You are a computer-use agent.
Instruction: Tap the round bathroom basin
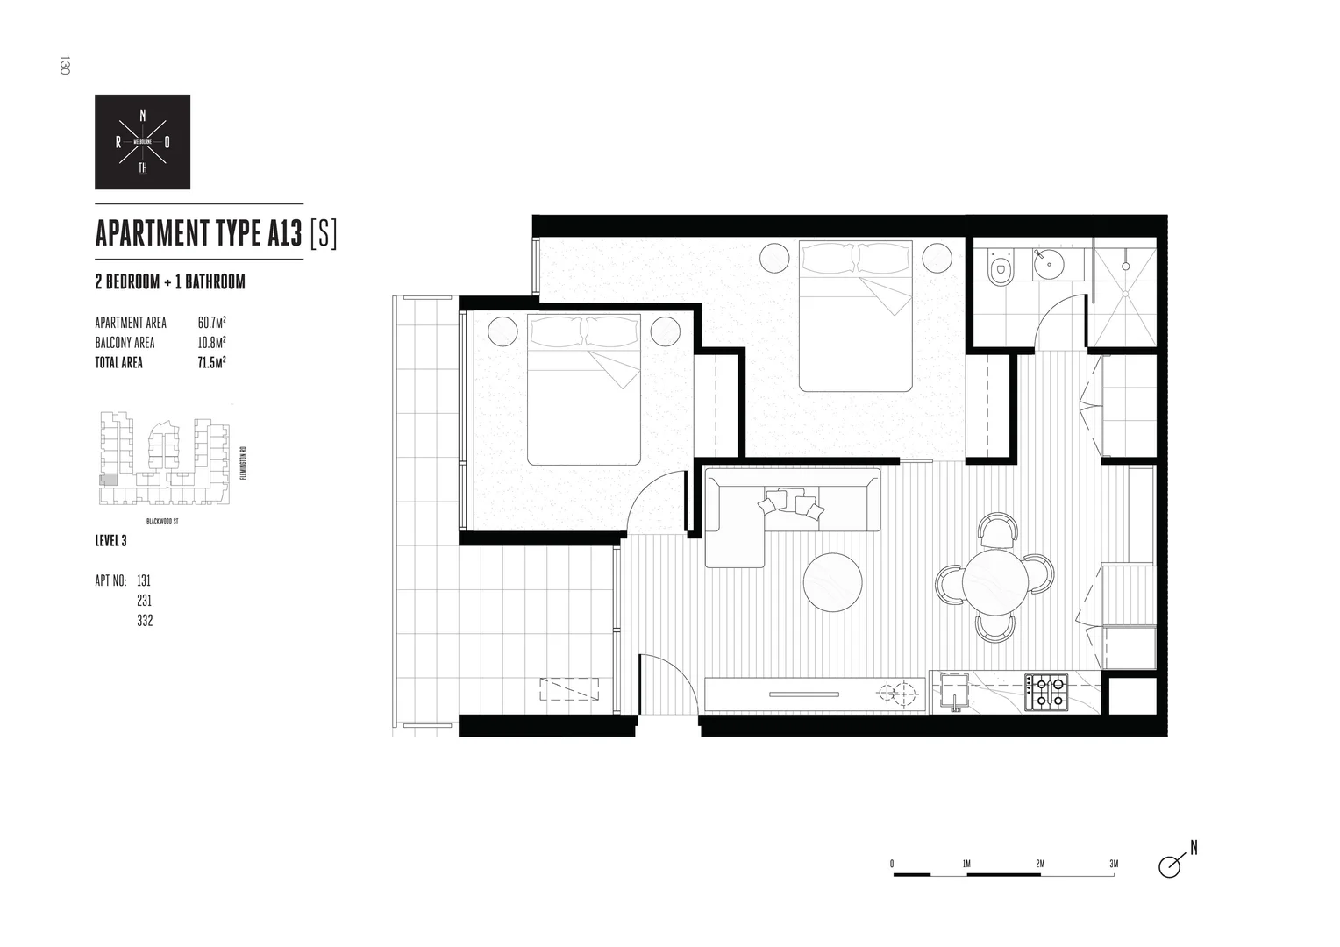[1046, 262]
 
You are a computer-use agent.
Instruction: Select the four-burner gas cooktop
[1049, 690]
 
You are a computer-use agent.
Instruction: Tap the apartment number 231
[145, 601]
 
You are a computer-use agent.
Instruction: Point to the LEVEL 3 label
[110, 541]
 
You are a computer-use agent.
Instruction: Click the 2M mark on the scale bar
[1040, 864]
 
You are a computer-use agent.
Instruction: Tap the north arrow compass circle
[1169, 866]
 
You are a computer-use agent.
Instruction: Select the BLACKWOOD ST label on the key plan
[163, 521]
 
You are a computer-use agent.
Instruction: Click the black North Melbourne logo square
[142, 142]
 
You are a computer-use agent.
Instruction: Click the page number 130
[63, 65]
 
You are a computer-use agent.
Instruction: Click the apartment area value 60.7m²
[212, 323]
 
